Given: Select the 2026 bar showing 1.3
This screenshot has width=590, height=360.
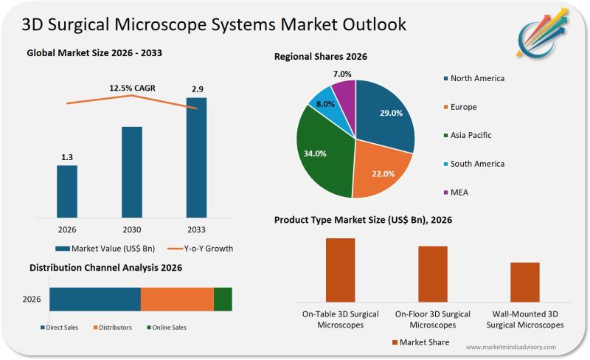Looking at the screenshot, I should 67,192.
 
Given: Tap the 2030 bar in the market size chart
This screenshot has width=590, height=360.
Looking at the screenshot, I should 132,173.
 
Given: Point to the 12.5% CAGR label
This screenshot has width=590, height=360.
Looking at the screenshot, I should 133,89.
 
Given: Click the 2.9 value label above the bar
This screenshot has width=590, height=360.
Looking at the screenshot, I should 197,89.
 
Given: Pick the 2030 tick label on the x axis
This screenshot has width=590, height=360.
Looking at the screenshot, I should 132,229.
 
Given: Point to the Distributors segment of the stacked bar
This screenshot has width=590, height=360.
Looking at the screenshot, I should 177,300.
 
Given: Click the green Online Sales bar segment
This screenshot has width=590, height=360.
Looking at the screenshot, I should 223,300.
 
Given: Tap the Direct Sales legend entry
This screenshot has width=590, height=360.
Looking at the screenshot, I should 59,328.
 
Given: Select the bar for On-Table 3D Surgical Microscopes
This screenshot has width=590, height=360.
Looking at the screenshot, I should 340,269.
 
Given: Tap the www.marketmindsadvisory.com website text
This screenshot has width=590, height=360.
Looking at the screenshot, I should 510,347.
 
